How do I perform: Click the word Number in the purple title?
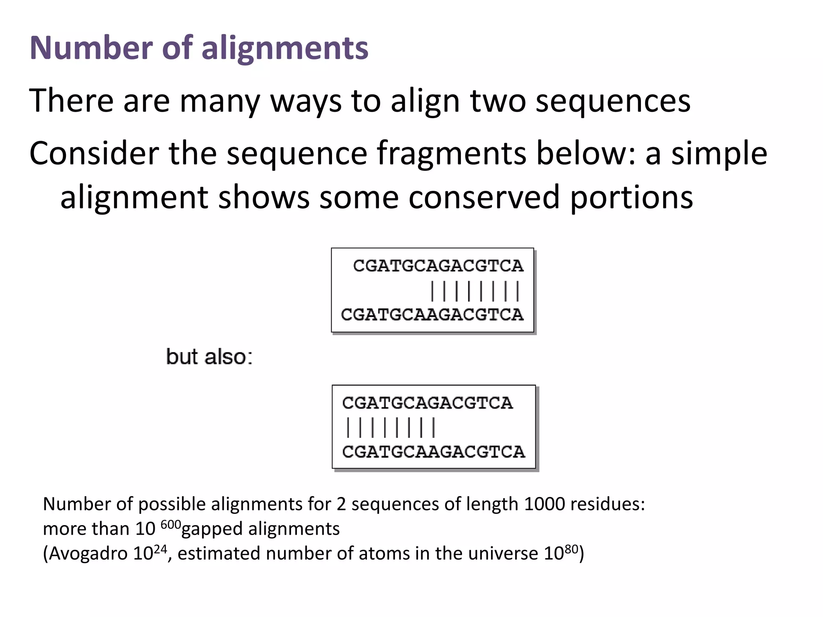point(91,48)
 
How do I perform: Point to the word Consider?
point(94,153)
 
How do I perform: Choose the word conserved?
point(484,197)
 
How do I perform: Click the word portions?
point(631,197)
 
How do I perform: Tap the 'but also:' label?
point(209,357)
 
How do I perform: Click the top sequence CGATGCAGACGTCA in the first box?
point(438,266)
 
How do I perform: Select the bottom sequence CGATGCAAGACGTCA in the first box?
point(432,315)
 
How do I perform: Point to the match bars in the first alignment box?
point(475,291)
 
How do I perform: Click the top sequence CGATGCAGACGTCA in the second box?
point(428,403)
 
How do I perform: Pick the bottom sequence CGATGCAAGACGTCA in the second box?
point(434,452)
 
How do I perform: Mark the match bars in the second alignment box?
point(391,427)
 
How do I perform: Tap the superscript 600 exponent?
point(171,524)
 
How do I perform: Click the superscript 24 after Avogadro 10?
point(160,549)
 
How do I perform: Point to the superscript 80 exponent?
point(571,549)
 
